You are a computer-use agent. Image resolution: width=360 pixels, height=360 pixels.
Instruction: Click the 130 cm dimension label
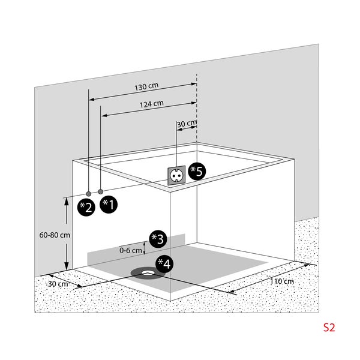(x=143, y=88)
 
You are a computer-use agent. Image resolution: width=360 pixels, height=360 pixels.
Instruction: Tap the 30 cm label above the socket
(x=186, y=124)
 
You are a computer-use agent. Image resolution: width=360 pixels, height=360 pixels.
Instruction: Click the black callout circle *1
(x=109, y=205)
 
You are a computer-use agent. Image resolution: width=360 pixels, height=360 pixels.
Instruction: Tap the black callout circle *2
(x=86, y=207)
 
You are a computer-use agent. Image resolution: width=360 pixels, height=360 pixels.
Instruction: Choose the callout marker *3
(x=158, y=238)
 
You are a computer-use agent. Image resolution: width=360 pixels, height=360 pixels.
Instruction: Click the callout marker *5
(x=196, y=170)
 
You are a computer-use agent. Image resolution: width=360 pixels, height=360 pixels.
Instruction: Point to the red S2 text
(x=329, y=328)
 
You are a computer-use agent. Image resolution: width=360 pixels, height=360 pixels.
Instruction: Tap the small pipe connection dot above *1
(x=101, y=193)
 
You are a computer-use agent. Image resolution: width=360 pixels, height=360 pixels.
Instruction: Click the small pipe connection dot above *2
(x=89, y=193)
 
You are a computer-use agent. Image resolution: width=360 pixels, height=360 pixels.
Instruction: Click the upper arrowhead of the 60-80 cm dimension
(x=65, y=202)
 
